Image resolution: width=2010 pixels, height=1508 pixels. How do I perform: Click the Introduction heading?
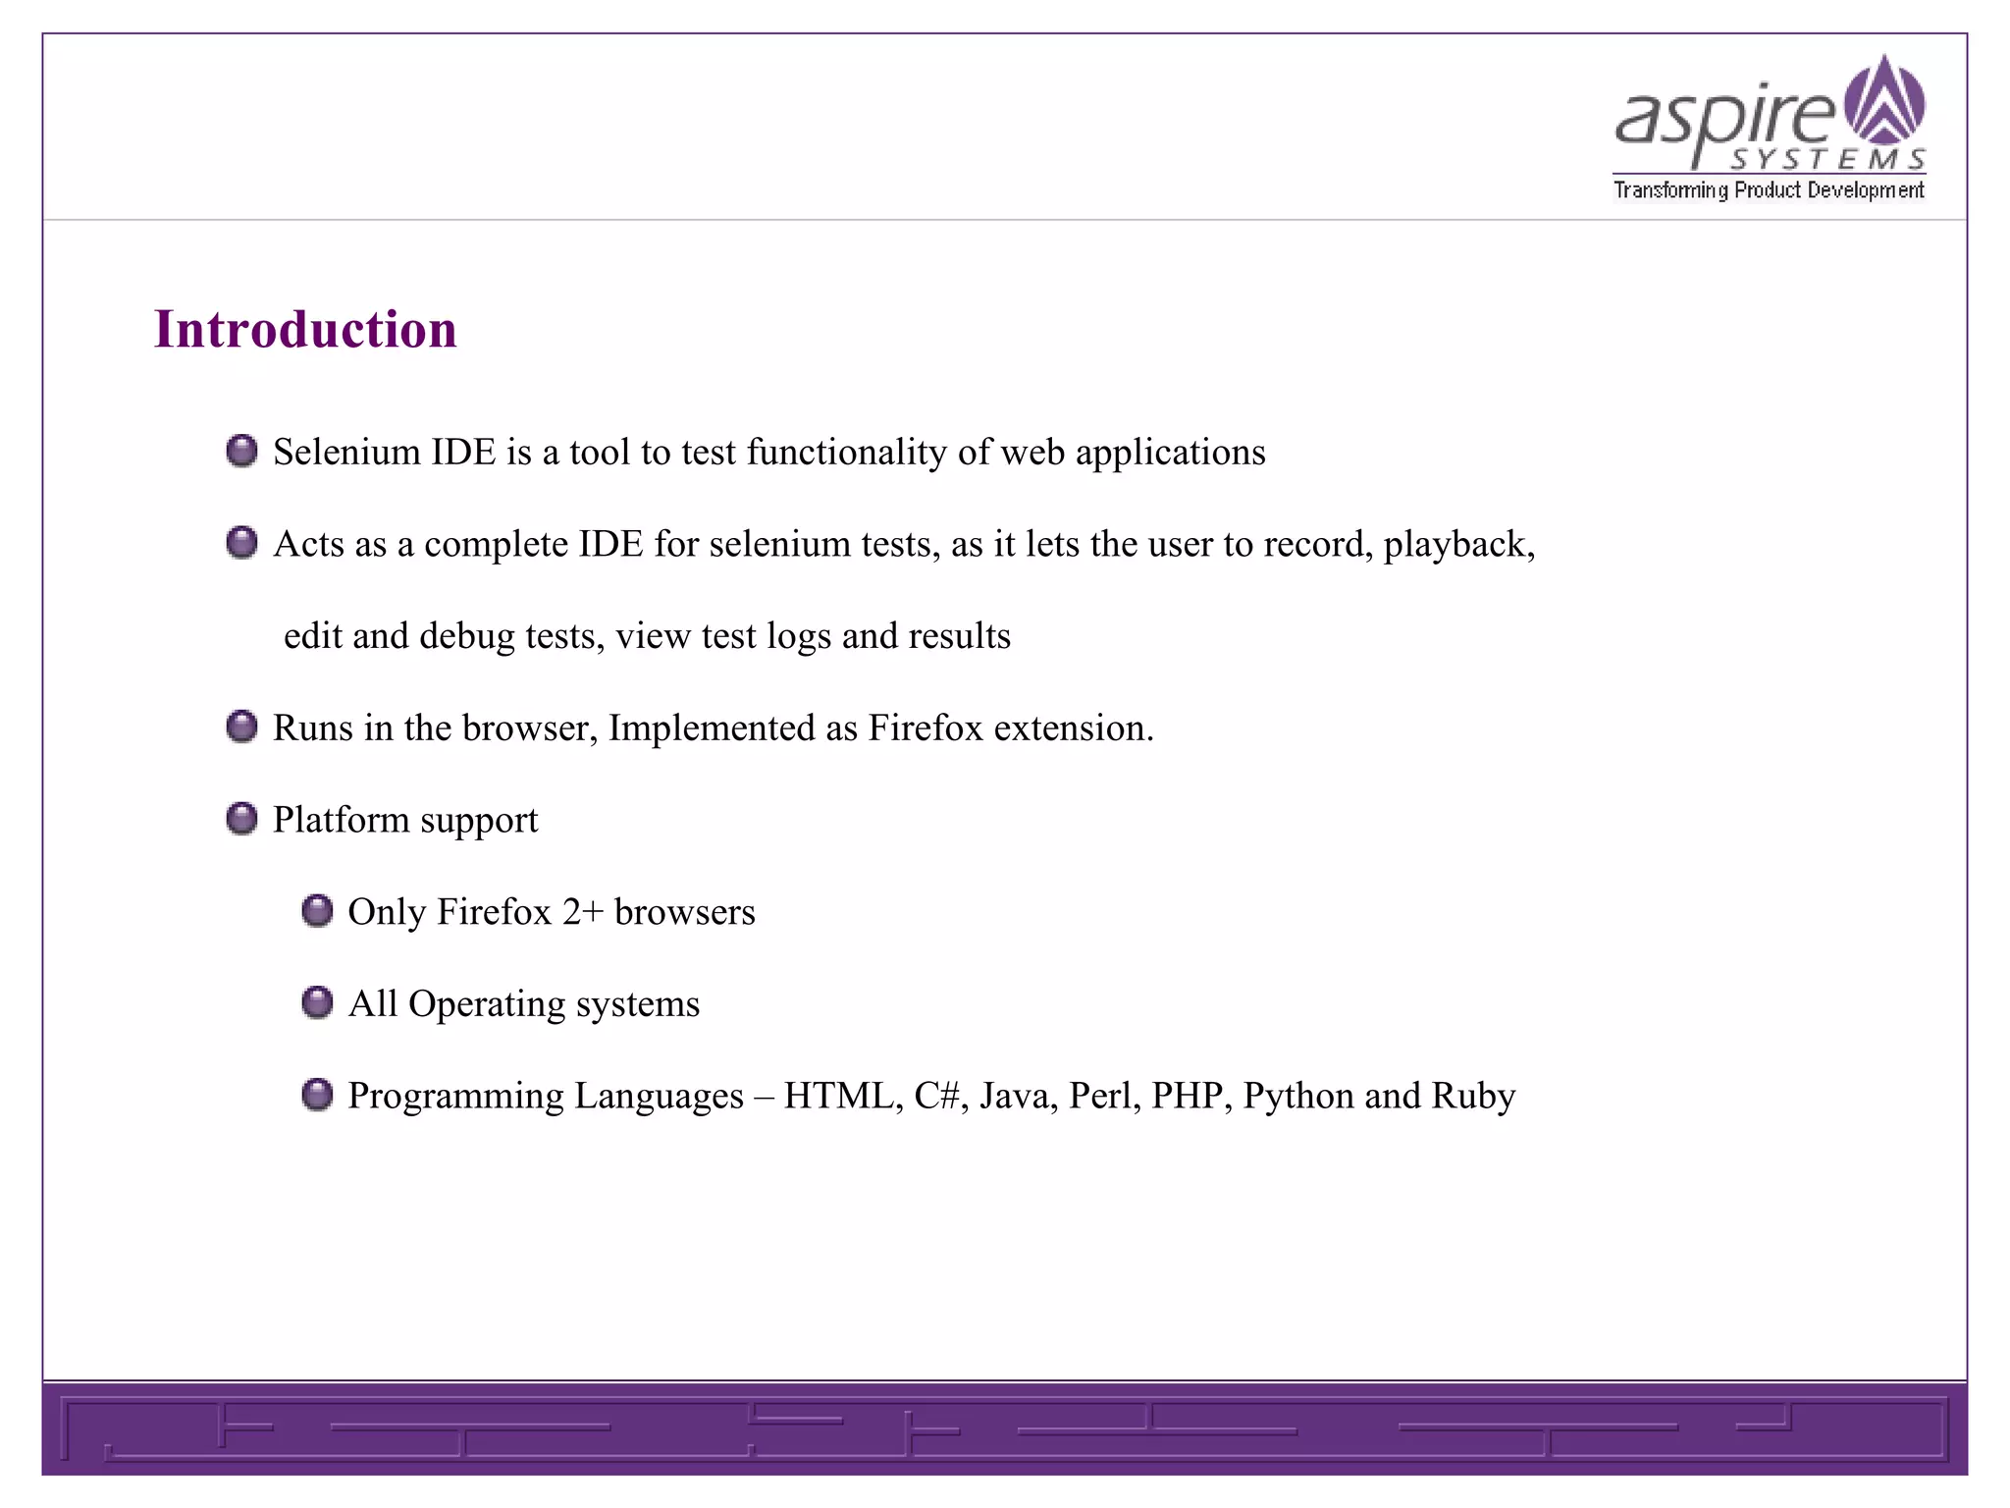(x=305, y=329)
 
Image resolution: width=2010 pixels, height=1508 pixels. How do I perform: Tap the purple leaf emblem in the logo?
(x=1884, y=100)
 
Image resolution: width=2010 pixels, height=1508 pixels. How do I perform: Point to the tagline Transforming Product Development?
(x=1769, y=189)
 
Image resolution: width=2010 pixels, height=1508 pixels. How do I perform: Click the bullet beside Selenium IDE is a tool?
(x=241, y=452)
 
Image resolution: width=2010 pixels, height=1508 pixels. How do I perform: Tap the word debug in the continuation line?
(x=467, y=636)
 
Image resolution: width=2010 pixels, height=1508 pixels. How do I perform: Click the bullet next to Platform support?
(x=241, y=819)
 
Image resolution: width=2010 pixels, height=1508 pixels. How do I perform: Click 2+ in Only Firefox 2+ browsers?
(x=582, y=912)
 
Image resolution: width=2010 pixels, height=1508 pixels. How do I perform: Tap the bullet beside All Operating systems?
(x=317, y=1003)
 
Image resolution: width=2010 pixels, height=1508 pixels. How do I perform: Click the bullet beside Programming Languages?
(x=317, y=1095)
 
